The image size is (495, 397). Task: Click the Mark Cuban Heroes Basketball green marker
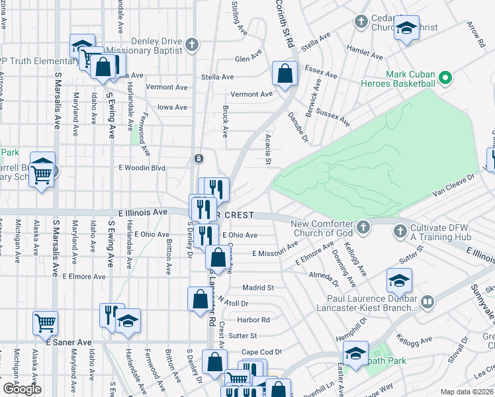click(445, 78)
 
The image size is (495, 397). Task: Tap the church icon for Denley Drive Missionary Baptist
click(191, 45)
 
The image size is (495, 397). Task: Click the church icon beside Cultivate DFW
click(400, 231)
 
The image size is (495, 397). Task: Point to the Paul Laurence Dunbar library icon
click(427, 303)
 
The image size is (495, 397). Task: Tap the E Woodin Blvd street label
click(142, 168)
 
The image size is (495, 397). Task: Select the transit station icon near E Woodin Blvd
click(198, 159)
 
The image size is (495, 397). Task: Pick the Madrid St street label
click(257, 288)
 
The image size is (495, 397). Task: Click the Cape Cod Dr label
click(261, 351)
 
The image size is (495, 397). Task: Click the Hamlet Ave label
click(365, 52)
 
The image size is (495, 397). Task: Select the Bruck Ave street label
click(226, 121)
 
